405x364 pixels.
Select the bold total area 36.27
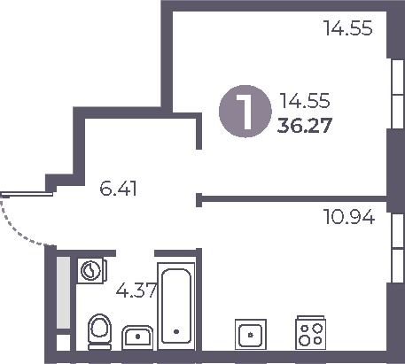[x=304, y=125]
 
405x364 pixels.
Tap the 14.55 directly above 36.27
[x=304, y=101]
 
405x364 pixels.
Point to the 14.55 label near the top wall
[x=348, y=28]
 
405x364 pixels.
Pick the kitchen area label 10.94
[x=347, y=216]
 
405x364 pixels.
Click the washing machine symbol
[x=90, y=268]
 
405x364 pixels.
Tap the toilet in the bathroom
[x=99, y=332]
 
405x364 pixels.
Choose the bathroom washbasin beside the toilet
[x=137, y=337]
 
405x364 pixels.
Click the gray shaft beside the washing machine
[x=63, y=292]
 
